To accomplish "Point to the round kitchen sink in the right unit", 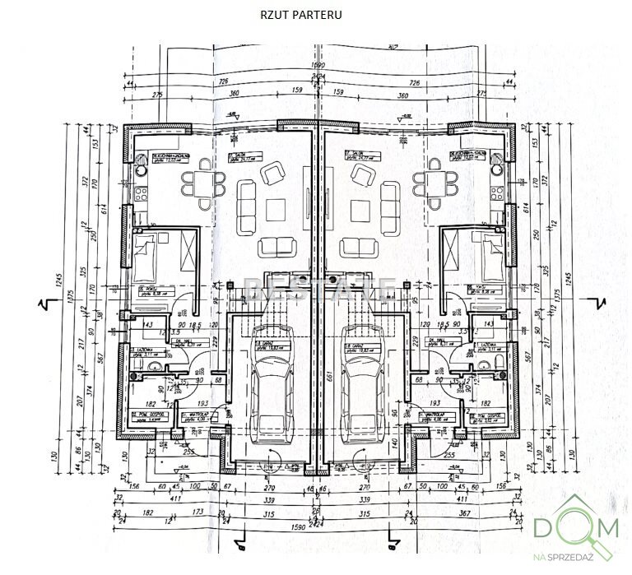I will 498,169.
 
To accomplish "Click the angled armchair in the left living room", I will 272,174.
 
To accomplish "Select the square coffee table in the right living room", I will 361,206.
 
